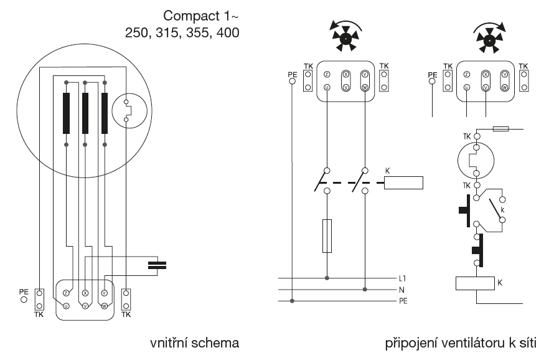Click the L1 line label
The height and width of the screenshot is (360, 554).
[x=401, y=279]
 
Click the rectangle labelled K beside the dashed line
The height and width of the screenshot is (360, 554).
[x=404, y=182]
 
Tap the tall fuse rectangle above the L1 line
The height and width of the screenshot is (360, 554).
[x=327, y=235]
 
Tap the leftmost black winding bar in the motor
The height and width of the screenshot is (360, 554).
[x=66, y=113]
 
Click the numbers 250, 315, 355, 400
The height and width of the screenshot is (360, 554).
[x=182, y=31]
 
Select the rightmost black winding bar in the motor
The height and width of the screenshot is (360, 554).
[x=105, y=113]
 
